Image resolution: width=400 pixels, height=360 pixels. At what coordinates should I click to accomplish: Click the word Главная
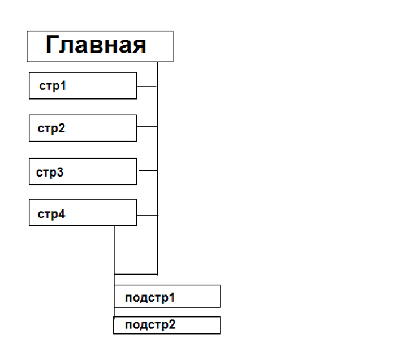96,45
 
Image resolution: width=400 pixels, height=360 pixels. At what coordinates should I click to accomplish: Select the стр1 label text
52,86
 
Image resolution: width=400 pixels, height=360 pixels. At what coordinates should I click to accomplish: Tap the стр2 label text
51,128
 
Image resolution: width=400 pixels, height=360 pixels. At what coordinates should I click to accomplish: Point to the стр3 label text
50,173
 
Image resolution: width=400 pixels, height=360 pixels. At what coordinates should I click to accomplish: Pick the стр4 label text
51,214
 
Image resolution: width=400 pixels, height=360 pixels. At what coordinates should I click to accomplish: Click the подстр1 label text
150,298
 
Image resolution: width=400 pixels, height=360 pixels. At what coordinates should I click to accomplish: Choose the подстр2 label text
151,325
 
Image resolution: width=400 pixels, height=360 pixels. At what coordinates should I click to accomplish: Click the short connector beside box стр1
147,87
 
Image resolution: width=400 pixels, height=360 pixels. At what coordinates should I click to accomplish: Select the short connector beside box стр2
147,126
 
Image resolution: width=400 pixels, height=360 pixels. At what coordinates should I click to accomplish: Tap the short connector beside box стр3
148,170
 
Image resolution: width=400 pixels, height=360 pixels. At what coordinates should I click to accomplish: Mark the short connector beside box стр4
147,215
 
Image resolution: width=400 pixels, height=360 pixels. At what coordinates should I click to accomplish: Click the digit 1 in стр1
64,85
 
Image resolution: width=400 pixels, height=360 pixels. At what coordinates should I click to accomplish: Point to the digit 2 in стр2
62,128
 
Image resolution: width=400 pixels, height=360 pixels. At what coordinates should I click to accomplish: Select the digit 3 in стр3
60,172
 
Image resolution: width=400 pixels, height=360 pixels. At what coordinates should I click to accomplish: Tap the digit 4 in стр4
62,213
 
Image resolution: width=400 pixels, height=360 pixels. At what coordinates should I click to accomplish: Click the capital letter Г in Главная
51,45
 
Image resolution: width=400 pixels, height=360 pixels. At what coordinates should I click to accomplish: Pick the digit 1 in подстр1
172,297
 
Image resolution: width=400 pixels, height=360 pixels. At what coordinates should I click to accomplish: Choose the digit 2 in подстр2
172,324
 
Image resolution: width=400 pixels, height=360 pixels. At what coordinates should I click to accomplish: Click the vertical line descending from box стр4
115,272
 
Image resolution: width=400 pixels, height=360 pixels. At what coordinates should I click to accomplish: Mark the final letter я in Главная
139,46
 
